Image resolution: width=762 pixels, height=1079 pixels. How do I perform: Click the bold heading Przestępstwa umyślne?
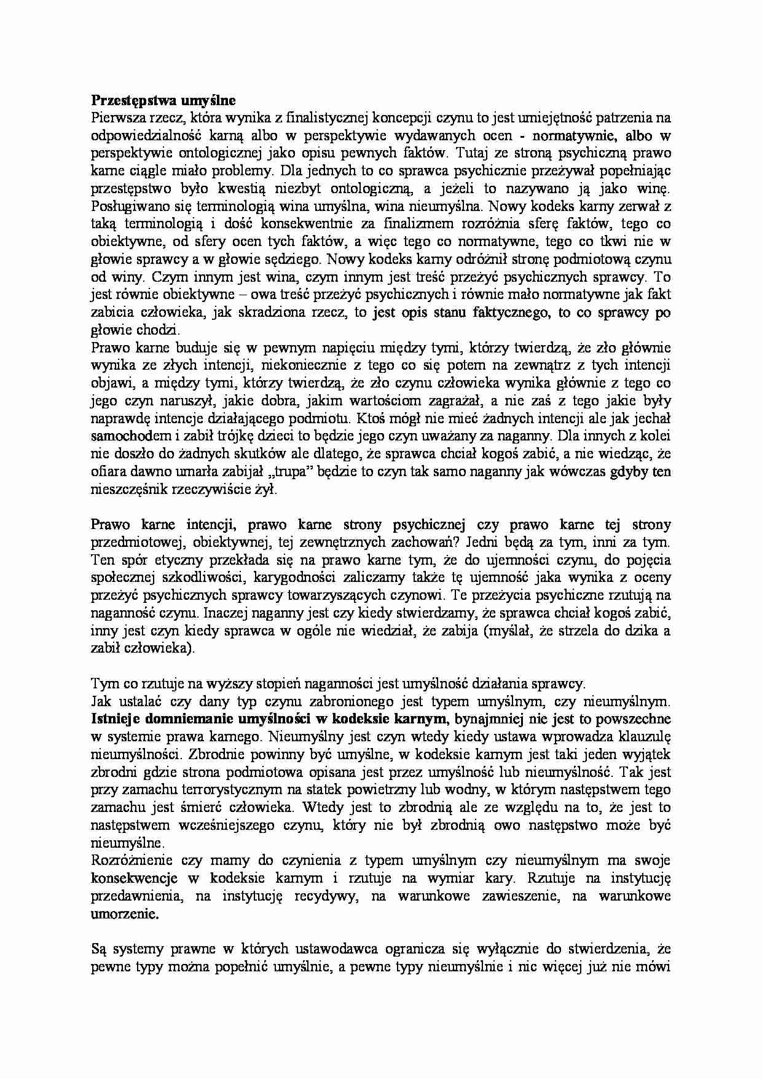click(x=163, y=100)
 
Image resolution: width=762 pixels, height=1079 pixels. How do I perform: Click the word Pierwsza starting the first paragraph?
click(x=116, y=117)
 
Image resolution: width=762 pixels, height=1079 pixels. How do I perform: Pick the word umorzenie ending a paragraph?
click(x=124, y=914)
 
